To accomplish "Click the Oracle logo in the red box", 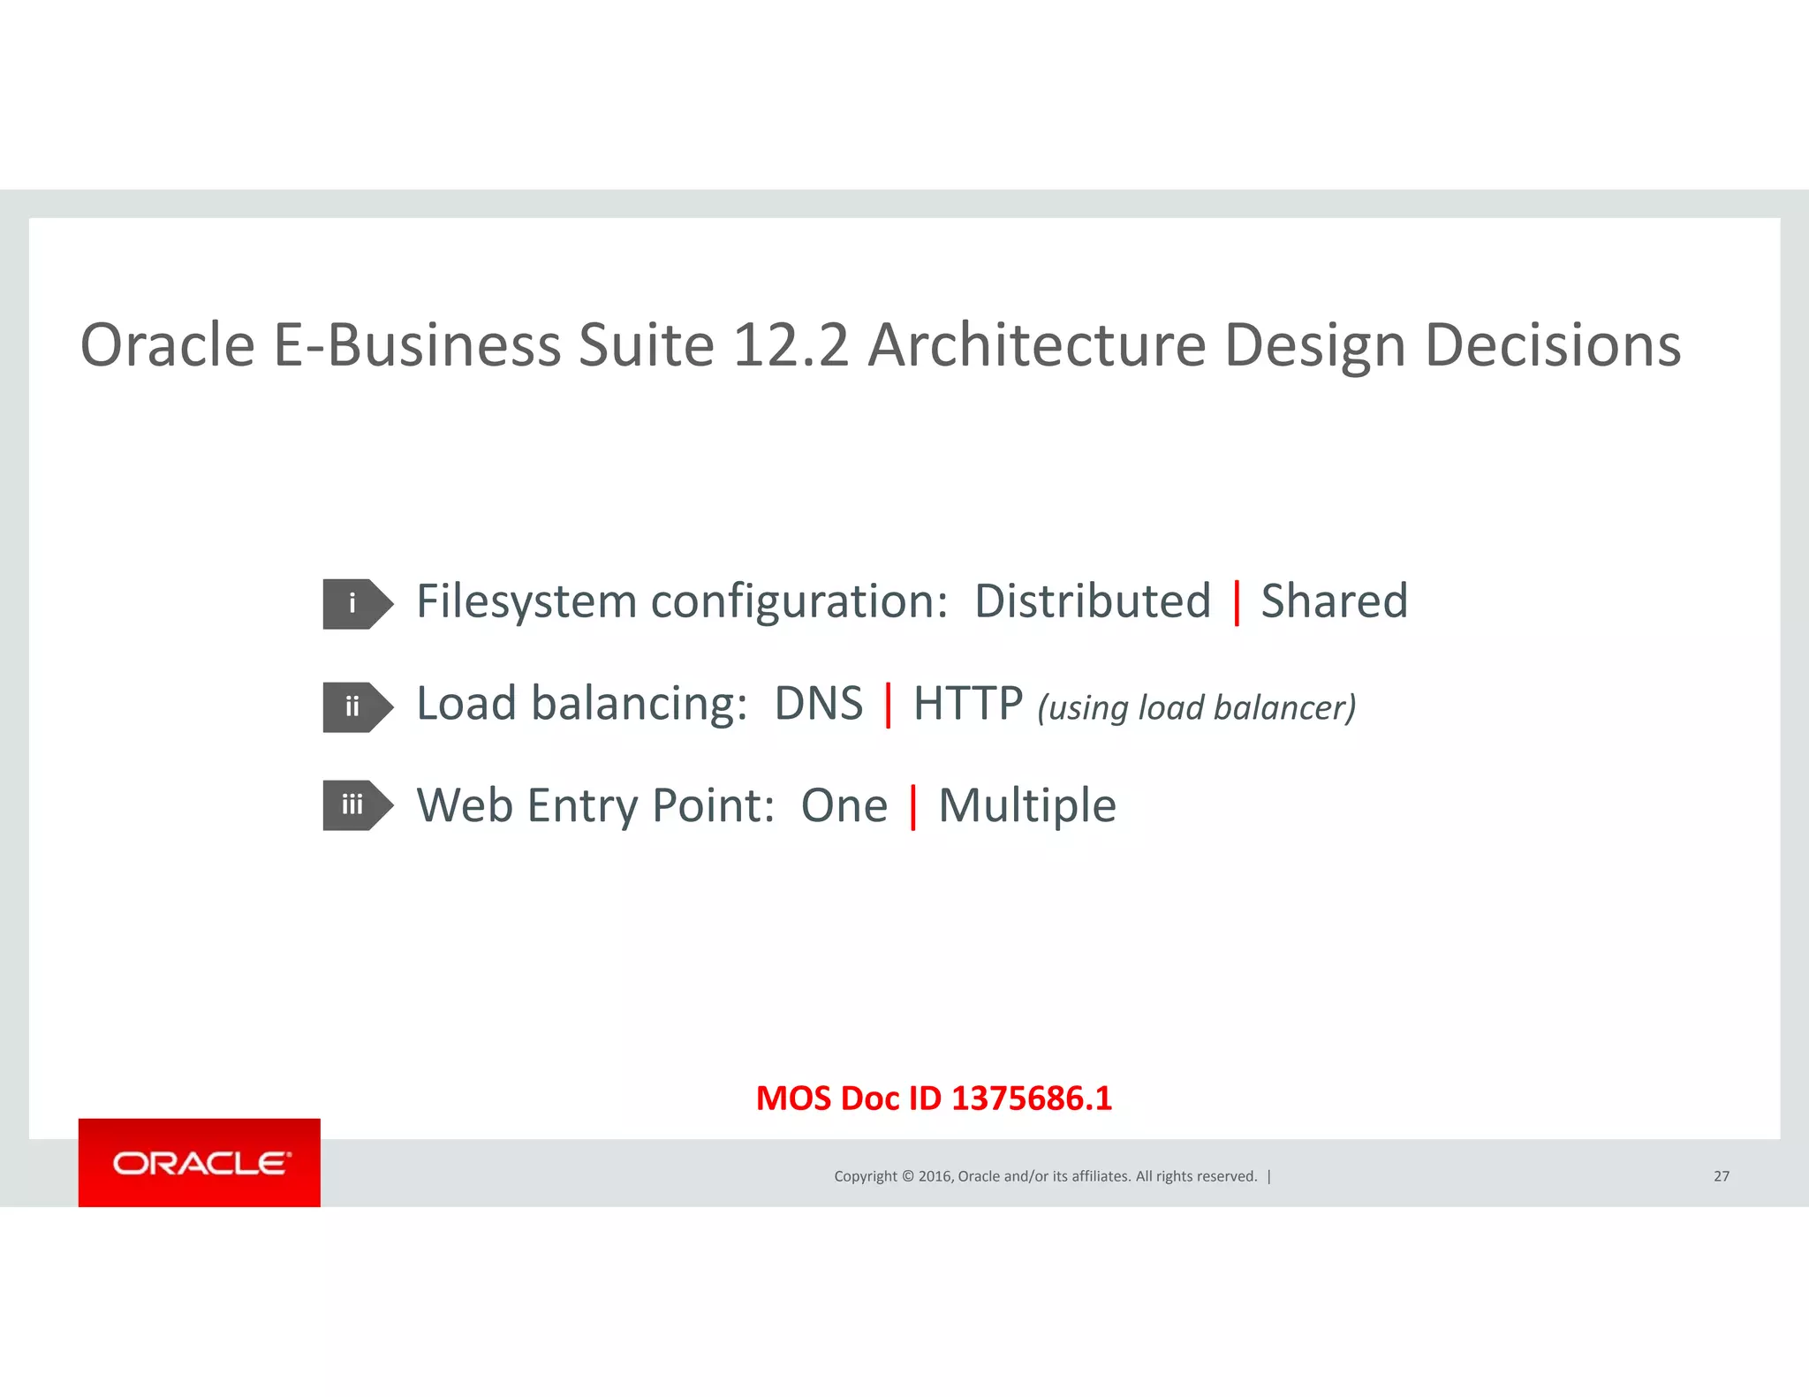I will [x=200, y=1163].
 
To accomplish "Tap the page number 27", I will [x=1721, y=1176].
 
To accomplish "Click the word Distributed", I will [x=1092, y=601].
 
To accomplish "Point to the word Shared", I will [x=1334, y=601].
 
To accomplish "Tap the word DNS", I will [x=818, y=704].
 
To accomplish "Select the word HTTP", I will [x=967, y=704].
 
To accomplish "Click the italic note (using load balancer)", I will [x=1196, y=708].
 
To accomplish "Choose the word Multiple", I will [x=1026, y=806].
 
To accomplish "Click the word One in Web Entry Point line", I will [x=844, y=806].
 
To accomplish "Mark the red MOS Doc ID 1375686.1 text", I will [x=934, y=1099].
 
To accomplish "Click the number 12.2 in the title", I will [x=791, y=344].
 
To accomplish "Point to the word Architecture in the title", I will [x=1036, y=344].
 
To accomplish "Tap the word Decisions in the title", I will [x=1552, y=344].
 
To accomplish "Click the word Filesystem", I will [x=526, y=602].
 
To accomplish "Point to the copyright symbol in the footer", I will [x=907, y=1176].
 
